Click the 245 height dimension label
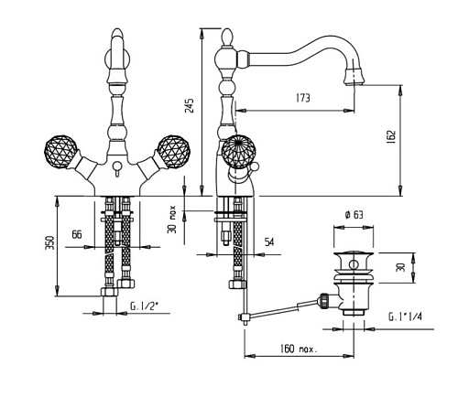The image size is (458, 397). [x=190, y=105]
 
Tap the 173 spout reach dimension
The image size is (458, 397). [x=302, y=98]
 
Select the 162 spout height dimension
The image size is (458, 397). [x=391, y=136]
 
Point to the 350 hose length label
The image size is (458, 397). [x=50, y=242]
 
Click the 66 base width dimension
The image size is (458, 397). [x=77, y=234]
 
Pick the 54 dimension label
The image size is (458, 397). [x=269, y=242]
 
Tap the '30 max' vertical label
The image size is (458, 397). [x=172, y=219]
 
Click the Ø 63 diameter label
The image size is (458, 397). [x=354, y=215]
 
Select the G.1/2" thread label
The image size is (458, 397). [x=144, y=306]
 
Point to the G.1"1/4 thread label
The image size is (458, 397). [x=405, y=317]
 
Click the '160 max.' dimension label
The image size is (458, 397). [x=299, y=349]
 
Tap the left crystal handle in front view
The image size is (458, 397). [x=60, y=150]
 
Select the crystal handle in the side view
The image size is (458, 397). [x=238, y=151]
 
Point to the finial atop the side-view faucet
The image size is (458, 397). [x=226, y=37]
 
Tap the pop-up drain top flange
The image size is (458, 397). [x=354, y=253]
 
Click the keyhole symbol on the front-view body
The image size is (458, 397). [x=116, y=168]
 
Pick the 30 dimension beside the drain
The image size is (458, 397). [x=401, y=268]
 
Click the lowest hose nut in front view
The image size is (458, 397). [x=109, y=292]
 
